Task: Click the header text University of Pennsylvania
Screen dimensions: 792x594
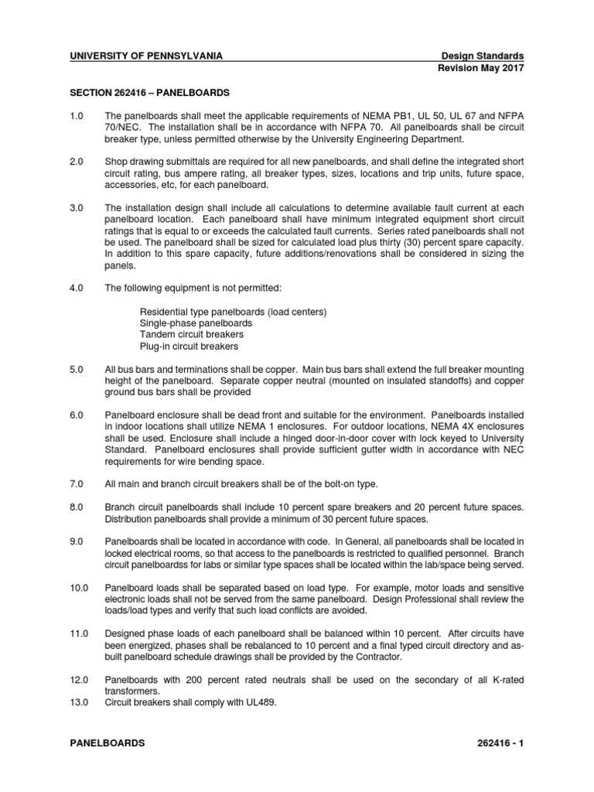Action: tap(147, 56)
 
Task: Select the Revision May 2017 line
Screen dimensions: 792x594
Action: tap(480, 68)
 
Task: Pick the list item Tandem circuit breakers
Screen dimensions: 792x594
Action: tap(191, 334)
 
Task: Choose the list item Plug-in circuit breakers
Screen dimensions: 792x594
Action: tap(189, 346)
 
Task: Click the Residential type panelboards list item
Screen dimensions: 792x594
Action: tap(233, 311)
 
